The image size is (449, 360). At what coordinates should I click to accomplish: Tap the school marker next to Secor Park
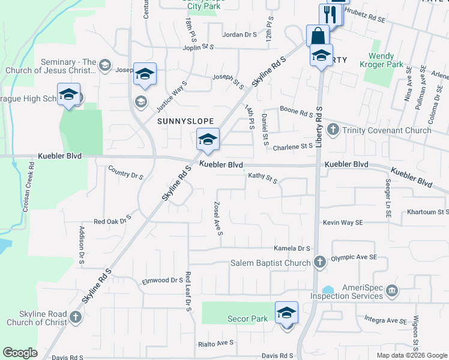[286, 313]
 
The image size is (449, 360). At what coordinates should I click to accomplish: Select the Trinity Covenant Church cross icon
[333, 129]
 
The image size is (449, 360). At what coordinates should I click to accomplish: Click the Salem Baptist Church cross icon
[319, 262]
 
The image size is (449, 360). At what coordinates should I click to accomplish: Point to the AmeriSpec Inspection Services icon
[391, 292]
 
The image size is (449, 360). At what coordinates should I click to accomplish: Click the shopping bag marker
[316, 35]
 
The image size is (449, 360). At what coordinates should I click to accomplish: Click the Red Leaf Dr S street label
[188, 291]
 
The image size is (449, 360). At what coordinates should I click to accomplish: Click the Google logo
[20, 353]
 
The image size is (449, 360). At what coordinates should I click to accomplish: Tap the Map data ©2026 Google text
[411, 355]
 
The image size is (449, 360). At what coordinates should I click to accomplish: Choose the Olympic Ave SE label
[354, 257]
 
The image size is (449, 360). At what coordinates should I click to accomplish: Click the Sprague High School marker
[68, 95]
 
